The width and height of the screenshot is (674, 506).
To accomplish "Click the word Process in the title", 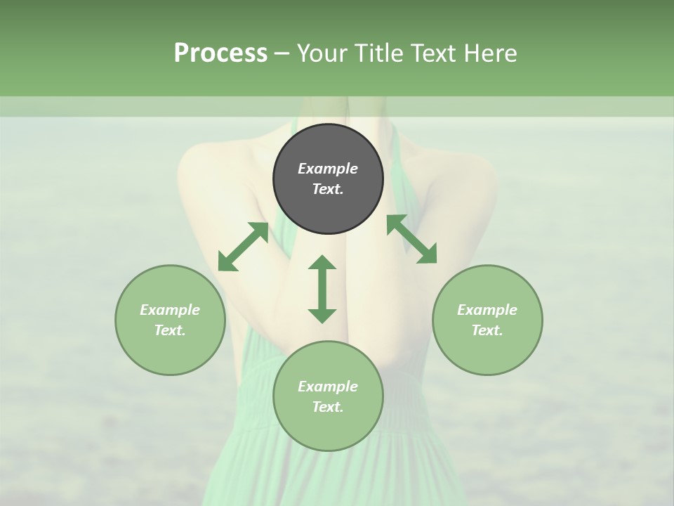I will click(x=220, y=53).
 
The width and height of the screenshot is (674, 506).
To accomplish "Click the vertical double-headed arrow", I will click(x=322, y=289).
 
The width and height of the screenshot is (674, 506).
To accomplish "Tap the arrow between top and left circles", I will click(x=244, y=247).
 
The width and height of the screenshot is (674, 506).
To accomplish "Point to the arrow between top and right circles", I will click(x=411, y=239).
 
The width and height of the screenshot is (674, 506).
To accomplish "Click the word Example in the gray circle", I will click(x=328, y=169).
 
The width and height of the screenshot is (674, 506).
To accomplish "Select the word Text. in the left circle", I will click(x=170, y=330).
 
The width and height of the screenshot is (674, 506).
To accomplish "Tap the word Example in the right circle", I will click(x=487, y=310).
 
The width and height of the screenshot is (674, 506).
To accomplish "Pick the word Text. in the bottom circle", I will click(x=328, y=407).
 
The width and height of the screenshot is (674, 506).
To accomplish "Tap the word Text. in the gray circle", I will click(x=328, y=189).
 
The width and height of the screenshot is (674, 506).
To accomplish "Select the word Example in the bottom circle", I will click(x=328, y=387).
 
